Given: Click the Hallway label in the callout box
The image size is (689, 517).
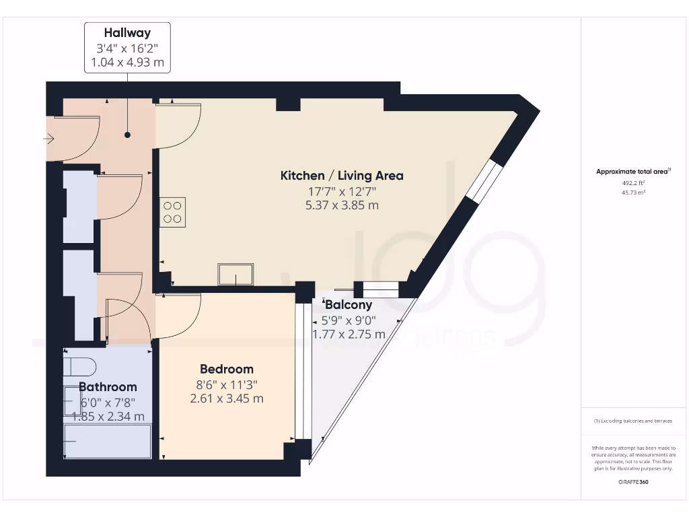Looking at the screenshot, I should pyautogui.click(x=127, y=32).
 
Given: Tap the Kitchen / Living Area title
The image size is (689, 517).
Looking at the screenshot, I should pyautogui.click(x=342, y=176).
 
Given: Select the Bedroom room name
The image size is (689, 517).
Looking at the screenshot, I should pyautogui.click(x=227, y=369).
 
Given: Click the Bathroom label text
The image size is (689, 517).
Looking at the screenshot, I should pyautogui.click(x=108, y=387).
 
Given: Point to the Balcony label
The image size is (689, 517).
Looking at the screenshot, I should pyautogui.click(x=348, y=305).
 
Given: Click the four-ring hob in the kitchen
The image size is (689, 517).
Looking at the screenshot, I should pyautogui.click(x=172, y=212).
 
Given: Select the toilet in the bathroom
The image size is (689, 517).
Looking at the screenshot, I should pyautogui.click(x=80, y=366).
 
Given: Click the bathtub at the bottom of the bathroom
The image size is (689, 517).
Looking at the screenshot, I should pyautogui.click(x=108, y=441).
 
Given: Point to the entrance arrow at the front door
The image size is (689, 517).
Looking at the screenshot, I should pyautogui.click(x=48, y=139).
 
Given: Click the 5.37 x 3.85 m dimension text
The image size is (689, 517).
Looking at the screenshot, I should pyautogui.click(x=342, y=205).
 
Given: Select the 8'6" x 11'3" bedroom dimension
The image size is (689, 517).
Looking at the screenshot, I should pyautogui.click(x=227, y=384).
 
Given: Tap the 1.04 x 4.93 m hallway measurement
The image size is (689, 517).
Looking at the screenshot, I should pyautogui.click(x=127, y=63).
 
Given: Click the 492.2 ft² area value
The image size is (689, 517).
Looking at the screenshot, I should pyautogui.click(x=632, y=182).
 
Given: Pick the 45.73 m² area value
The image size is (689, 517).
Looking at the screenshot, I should pyautogui.click(x=632, y=193).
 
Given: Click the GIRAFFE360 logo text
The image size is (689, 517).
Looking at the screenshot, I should pyautogui.click(x=632, y=482).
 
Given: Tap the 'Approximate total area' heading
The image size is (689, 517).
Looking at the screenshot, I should pyautogui.click(x=632, y=172).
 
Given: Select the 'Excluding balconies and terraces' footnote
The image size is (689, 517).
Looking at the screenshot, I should pyautogui.click(x=632, y=421).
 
